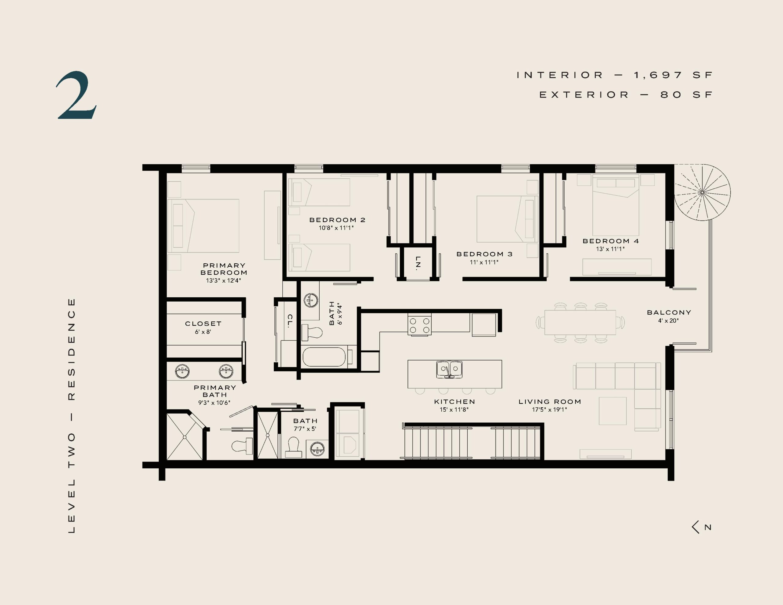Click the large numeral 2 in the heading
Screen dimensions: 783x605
pyautogui.click(x=76, y=95)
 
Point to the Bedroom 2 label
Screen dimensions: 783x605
pyautogui.click(x=337, y=220)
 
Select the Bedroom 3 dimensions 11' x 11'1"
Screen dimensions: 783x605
pyautogui.click(x=484, y=262)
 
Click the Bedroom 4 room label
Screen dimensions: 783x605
pyautogui.click(x=610, y=241)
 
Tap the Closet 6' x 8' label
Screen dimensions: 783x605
pyautogui.click(x=203, y=327)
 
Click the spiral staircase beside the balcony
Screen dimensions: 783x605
pyautogui.click(x=702, y=192)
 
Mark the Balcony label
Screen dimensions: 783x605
pyautogui.click(x=669, y=312)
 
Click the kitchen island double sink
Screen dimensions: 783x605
pyautogui.click(x=449, y=369)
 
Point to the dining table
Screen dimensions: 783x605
pyautogui.click(x=580, y=322)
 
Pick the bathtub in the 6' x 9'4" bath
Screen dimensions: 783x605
pyautogui.click(x=324, y=357)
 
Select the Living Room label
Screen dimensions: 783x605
pyautogui.click(x=550, y=402)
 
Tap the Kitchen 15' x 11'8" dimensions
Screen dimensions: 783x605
pyautogui.click(x=454, y=410)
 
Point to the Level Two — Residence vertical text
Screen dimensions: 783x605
pyautogui.click(x=71, y=416)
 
